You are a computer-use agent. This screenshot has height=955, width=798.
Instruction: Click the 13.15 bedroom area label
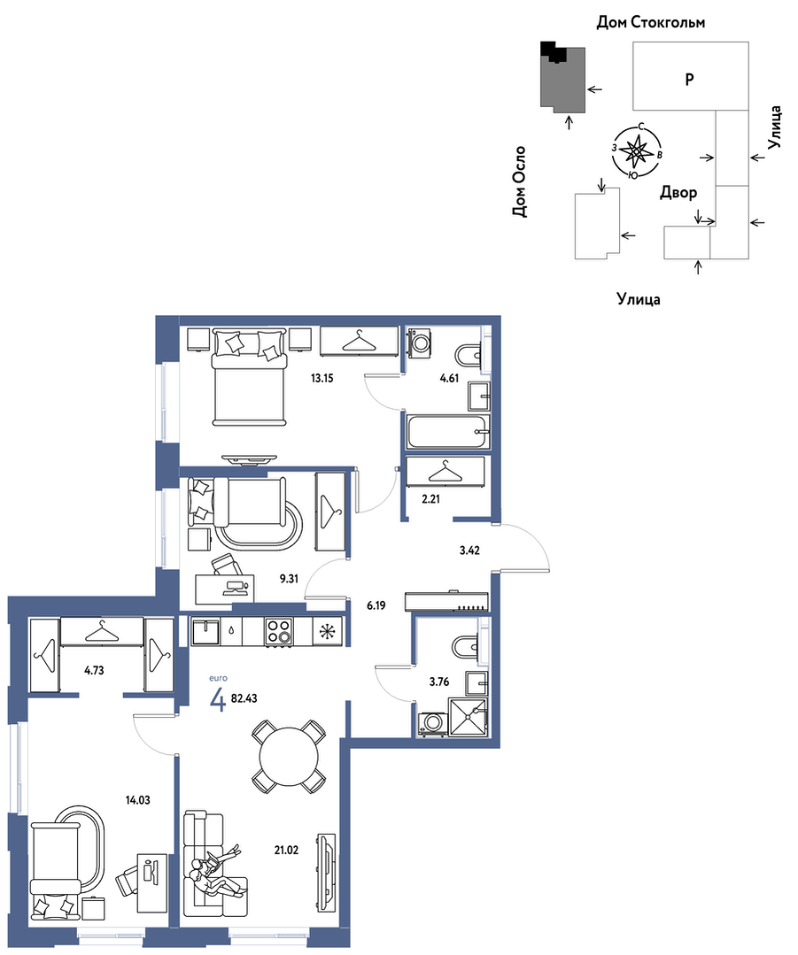[322, 378]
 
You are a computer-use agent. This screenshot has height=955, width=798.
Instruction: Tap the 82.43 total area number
[244, 698]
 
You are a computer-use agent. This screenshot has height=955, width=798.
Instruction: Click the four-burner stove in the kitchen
[279, 632]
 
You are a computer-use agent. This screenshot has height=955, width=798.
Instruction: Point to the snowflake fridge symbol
[328, 632]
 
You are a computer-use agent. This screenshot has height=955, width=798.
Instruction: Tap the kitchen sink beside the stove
[205, 632]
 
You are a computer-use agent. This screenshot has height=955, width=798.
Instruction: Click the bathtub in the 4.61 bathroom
[448, 433]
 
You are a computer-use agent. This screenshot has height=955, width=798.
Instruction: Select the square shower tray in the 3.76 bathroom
[468, 718]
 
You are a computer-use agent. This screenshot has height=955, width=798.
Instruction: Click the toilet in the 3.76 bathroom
[468, 647]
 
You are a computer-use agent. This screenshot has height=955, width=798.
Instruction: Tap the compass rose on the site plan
[637, 150]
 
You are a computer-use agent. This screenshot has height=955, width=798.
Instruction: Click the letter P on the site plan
[689, 79]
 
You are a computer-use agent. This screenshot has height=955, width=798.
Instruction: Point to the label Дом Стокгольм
[650, 23]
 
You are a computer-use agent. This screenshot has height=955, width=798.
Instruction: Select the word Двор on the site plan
[678, 193]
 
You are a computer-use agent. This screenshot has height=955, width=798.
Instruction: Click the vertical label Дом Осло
[519, 181]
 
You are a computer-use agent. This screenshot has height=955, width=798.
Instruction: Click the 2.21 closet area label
[431, 499]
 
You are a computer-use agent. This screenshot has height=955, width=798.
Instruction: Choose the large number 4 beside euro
[218, 701]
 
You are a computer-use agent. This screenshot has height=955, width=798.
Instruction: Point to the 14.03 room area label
[138, 800]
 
